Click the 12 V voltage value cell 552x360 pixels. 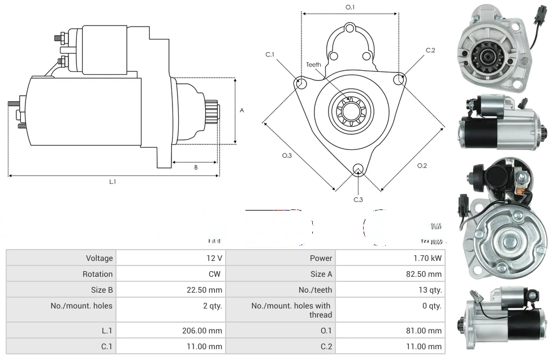pos(214,258)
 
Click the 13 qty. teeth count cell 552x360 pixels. pos(429,290)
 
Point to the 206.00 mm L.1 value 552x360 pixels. pos(208,331)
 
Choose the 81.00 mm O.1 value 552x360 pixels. pos(428,331)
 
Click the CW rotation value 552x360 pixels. pos(215,274)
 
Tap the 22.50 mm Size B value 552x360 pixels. pos(209,290)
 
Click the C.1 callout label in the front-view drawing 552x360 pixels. pos(270,54)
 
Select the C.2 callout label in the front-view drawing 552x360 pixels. pos(430,50)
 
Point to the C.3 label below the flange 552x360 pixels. pos(358,200)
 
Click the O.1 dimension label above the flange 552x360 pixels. pos(350,7)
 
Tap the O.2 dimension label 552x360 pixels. pos(422,165)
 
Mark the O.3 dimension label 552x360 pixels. pos(287,156)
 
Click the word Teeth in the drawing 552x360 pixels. pos(313,65)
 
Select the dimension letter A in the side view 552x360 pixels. pos(241,110)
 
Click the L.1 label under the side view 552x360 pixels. pos(113,181)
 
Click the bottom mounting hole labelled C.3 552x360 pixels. pos(357,169)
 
